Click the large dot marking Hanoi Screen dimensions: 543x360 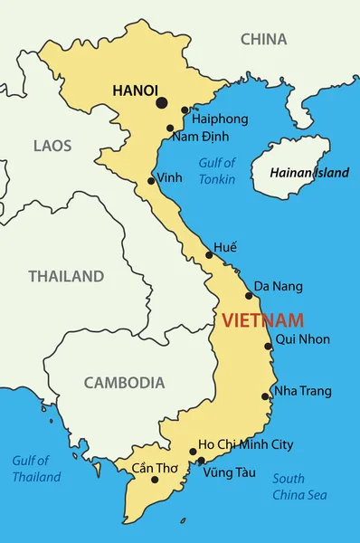pos(162,103)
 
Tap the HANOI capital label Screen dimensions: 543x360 pos(135,90)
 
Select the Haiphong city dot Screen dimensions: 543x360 pos(185,110)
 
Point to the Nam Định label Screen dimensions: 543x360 pos(200,137)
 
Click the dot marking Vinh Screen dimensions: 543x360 pos(151,181)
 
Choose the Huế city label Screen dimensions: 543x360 pos(225,247)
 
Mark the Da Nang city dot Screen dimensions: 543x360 pos(249,295)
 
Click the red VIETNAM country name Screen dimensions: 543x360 pos(262,319)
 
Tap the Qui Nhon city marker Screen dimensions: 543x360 pos(268,346)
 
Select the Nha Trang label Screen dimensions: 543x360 pos(303,391)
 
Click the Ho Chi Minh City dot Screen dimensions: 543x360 pos(193,452)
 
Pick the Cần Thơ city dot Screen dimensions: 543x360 pos(155,480)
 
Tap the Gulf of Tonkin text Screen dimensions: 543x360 pos(217,171)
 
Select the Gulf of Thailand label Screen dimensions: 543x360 pos(36,469)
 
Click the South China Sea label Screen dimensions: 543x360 pos(299,487)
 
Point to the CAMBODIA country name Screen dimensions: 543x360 pos(124,383)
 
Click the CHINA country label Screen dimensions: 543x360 pos(263,39)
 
